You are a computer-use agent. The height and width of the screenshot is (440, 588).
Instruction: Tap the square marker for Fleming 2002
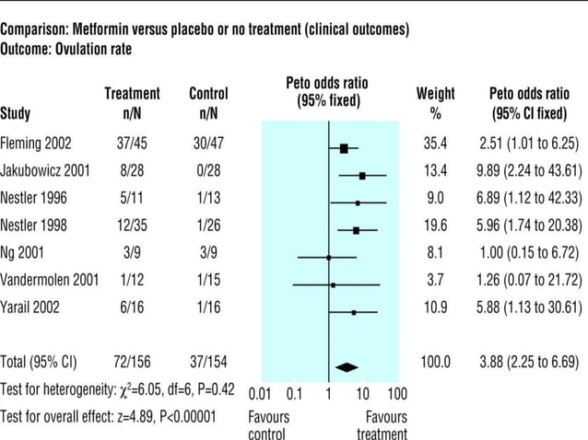pos(344,147)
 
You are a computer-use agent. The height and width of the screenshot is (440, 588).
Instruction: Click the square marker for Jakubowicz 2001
pos(362,175)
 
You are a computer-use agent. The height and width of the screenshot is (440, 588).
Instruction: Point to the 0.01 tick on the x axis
pos(263,395)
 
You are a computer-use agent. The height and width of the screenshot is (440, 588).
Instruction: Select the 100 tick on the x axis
pos(396,395)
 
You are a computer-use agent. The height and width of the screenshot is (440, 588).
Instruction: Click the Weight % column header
pos(435,103)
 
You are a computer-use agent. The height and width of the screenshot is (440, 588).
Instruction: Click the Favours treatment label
pos(382,425)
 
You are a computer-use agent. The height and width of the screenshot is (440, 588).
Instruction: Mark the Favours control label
pos(268,425)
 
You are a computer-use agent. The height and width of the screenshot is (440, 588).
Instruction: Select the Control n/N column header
pos(208,103)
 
